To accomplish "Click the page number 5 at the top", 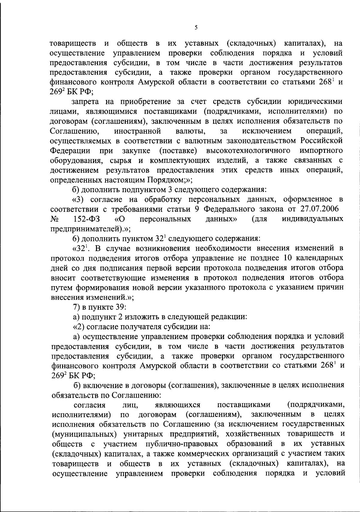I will point(196,28).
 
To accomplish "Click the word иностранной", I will point(138,131).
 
